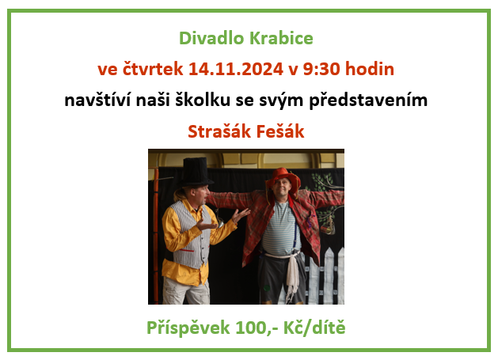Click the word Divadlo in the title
[x=212, y=38]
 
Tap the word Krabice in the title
[x=281, y=38]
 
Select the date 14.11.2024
[x=236, y=69]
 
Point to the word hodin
[x=370, y=69]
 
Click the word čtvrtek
[x=153, y=69]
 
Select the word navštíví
[x=97, y=100]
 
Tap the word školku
[x=203, y=100]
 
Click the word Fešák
[x=279, y=131]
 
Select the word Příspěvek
[x=188, y=328]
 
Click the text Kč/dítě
[x=314, y=328]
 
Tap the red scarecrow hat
[x=283, y=178]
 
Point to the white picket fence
[x=324, y=275]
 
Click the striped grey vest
[x=192, y=235]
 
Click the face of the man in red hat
[x=281, y=188]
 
